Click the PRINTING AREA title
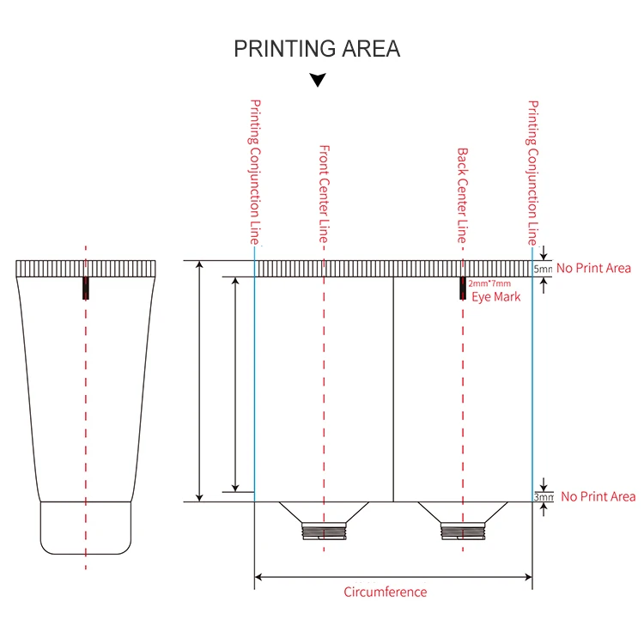[317, 49]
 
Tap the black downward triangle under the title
[318, 81]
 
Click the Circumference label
[385, 592]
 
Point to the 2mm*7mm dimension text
[489, 283]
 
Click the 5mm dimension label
[544, 269]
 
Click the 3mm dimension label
[544, 496]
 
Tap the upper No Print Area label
[593, 269]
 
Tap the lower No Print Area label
[598, 496]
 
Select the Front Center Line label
[325, 192]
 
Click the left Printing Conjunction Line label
[255, 171]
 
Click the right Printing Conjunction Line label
[532, 171]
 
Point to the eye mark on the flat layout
[462, 289]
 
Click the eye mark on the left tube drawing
[85, 288]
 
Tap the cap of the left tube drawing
[86, 527]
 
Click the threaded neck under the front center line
[324, 532]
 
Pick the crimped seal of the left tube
[86, 268]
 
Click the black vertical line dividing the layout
[393, 386]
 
